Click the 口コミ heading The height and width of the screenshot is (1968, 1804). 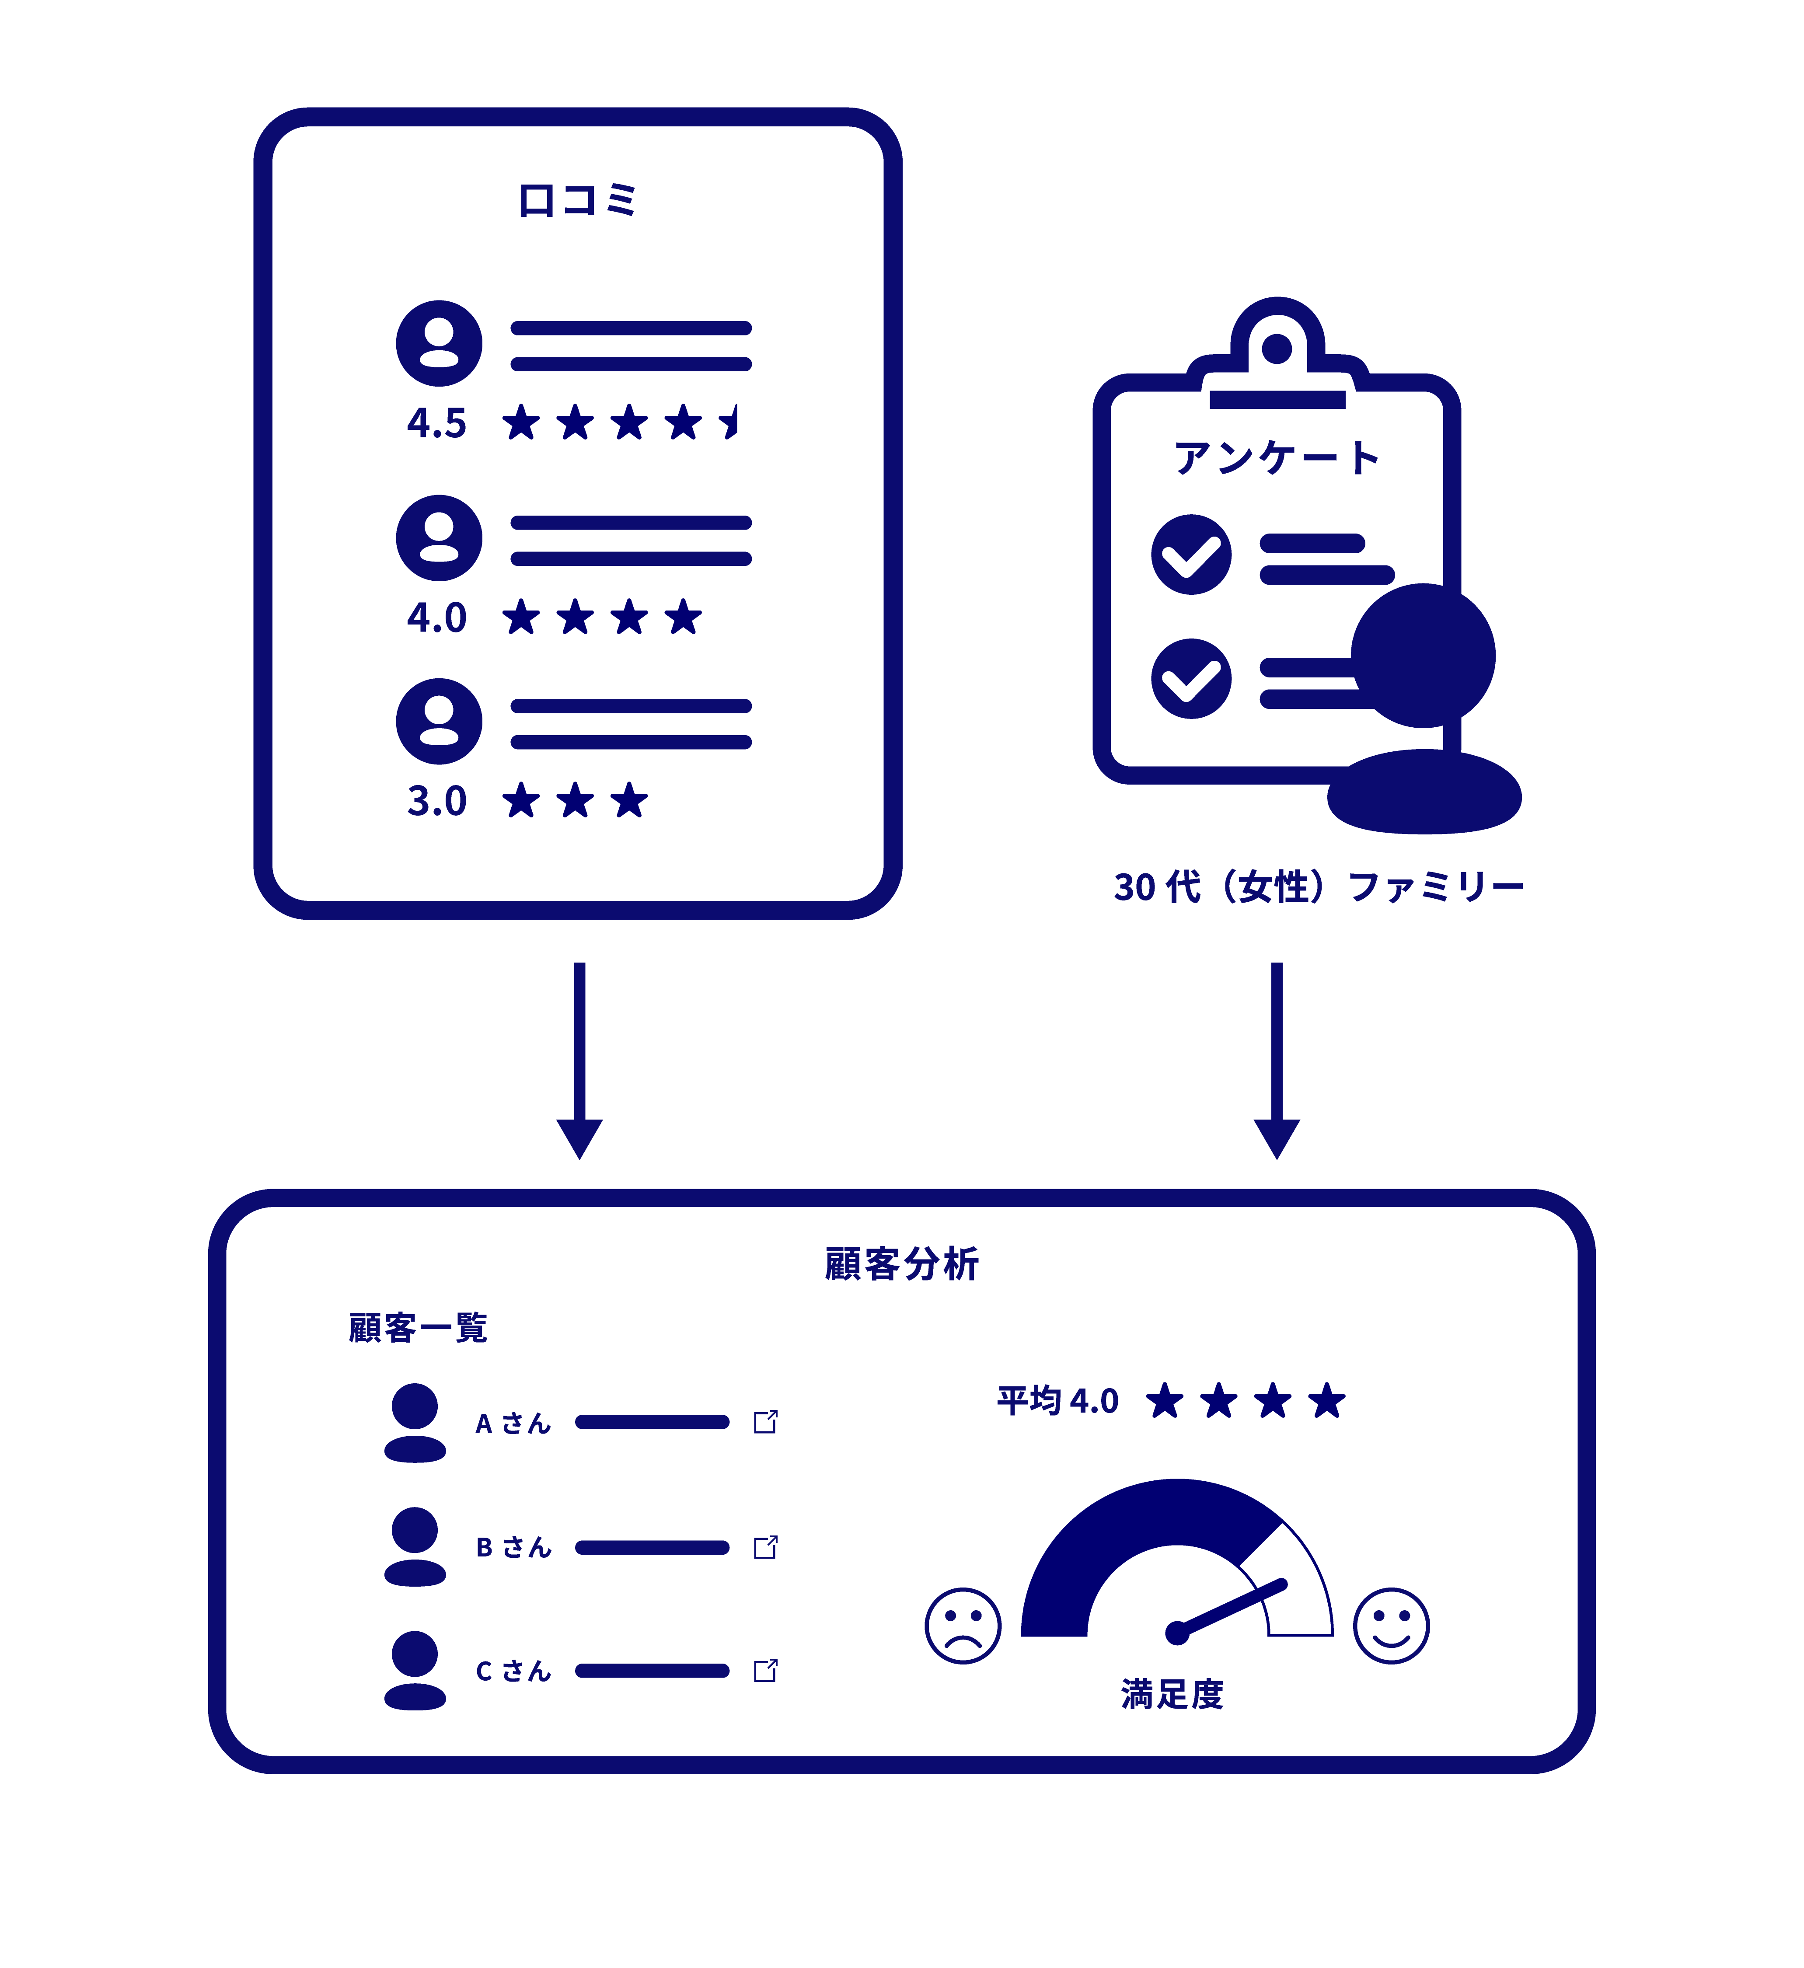point(577,200)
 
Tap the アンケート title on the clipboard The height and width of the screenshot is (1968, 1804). point(1277,457)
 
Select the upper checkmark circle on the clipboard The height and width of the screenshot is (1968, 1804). point(1191,555)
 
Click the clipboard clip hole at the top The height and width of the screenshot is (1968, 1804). point(1277,348)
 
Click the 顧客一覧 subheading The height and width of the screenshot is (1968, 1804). point(418,1328)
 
